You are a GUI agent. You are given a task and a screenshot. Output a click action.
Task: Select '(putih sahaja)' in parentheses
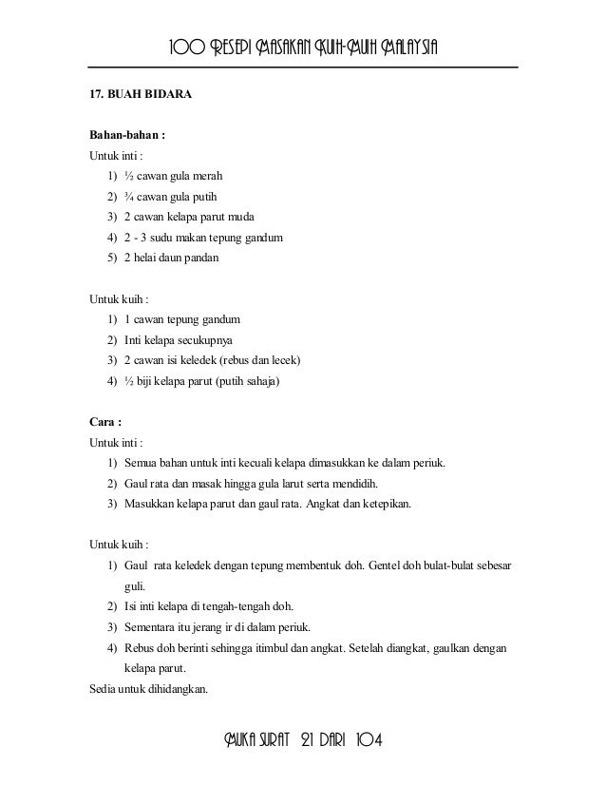pyautogui.click(x=250, y=382)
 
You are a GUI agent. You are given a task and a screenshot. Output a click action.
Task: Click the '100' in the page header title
pyautogui.click(x=186, y=48)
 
